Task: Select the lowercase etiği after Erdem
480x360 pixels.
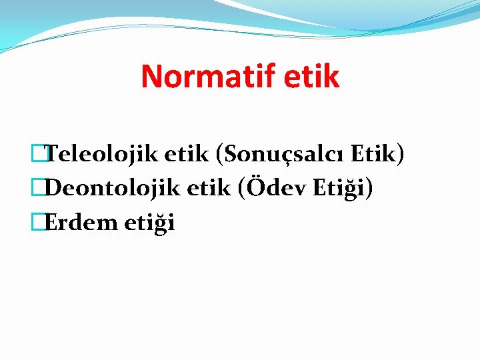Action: [149, 223]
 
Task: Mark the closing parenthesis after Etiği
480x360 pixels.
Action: [369, 189]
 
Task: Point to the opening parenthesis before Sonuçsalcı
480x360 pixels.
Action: [220, 155]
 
